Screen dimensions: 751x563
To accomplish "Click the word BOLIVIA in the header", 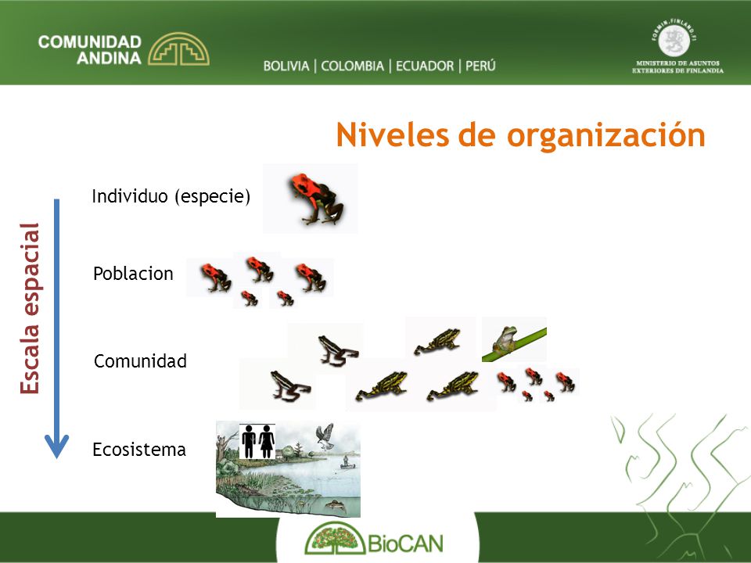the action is pyautogui.click(x=286, y=66).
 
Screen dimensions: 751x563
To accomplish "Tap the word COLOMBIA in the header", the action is pyautogui.click(x=353, y=66).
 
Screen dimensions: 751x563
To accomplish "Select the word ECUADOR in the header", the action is pyautogui.click(x=424, y=66).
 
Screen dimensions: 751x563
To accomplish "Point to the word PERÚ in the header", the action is pyautogui.click(x=480, y=65).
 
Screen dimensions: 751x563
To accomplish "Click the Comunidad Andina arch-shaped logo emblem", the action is pyautogui.click(x=178, y=48).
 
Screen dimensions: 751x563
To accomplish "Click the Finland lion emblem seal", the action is pyautogui.click(x=674, y=40).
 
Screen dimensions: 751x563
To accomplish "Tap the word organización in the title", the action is pyautogui.click(x=605, y=135).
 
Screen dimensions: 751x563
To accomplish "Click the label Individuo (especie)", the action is pyautogui.click(x=171, y=195).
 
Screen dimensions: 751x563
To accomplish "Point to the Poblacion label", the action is pyautogui.click(x=133, y=274).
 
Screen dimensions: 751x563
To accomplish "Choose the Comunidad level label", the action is pyautogui.click(x=140, y=361).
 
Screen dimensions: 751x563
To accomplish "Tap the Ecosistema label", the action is pyautogui.click(x=139, y=450).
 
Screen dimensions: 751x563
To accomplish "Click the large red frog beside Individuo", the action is pyautogui.click(x=316, y=198).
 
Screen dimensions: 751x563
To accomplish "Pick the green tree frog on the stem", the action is pyautogui.click(x=505, y=340).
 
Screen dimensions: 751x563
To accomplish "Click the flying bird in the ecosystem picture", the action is pyautogui.click(x=325, y=436).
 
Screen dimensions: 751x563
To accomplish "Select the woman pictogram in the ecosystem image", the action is pyautogui.click(x=266, y=441).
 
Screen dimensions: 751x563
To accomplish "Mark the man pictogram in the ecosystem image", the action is pyautogui.click(x=249, y=441).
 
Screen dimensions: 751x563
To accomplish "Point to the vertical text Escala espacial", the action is pyautogui.click(x=30, y=309).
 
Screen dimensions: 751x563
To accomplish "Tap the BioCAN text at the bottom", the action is pyautogui.click(x=405, y=543).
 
